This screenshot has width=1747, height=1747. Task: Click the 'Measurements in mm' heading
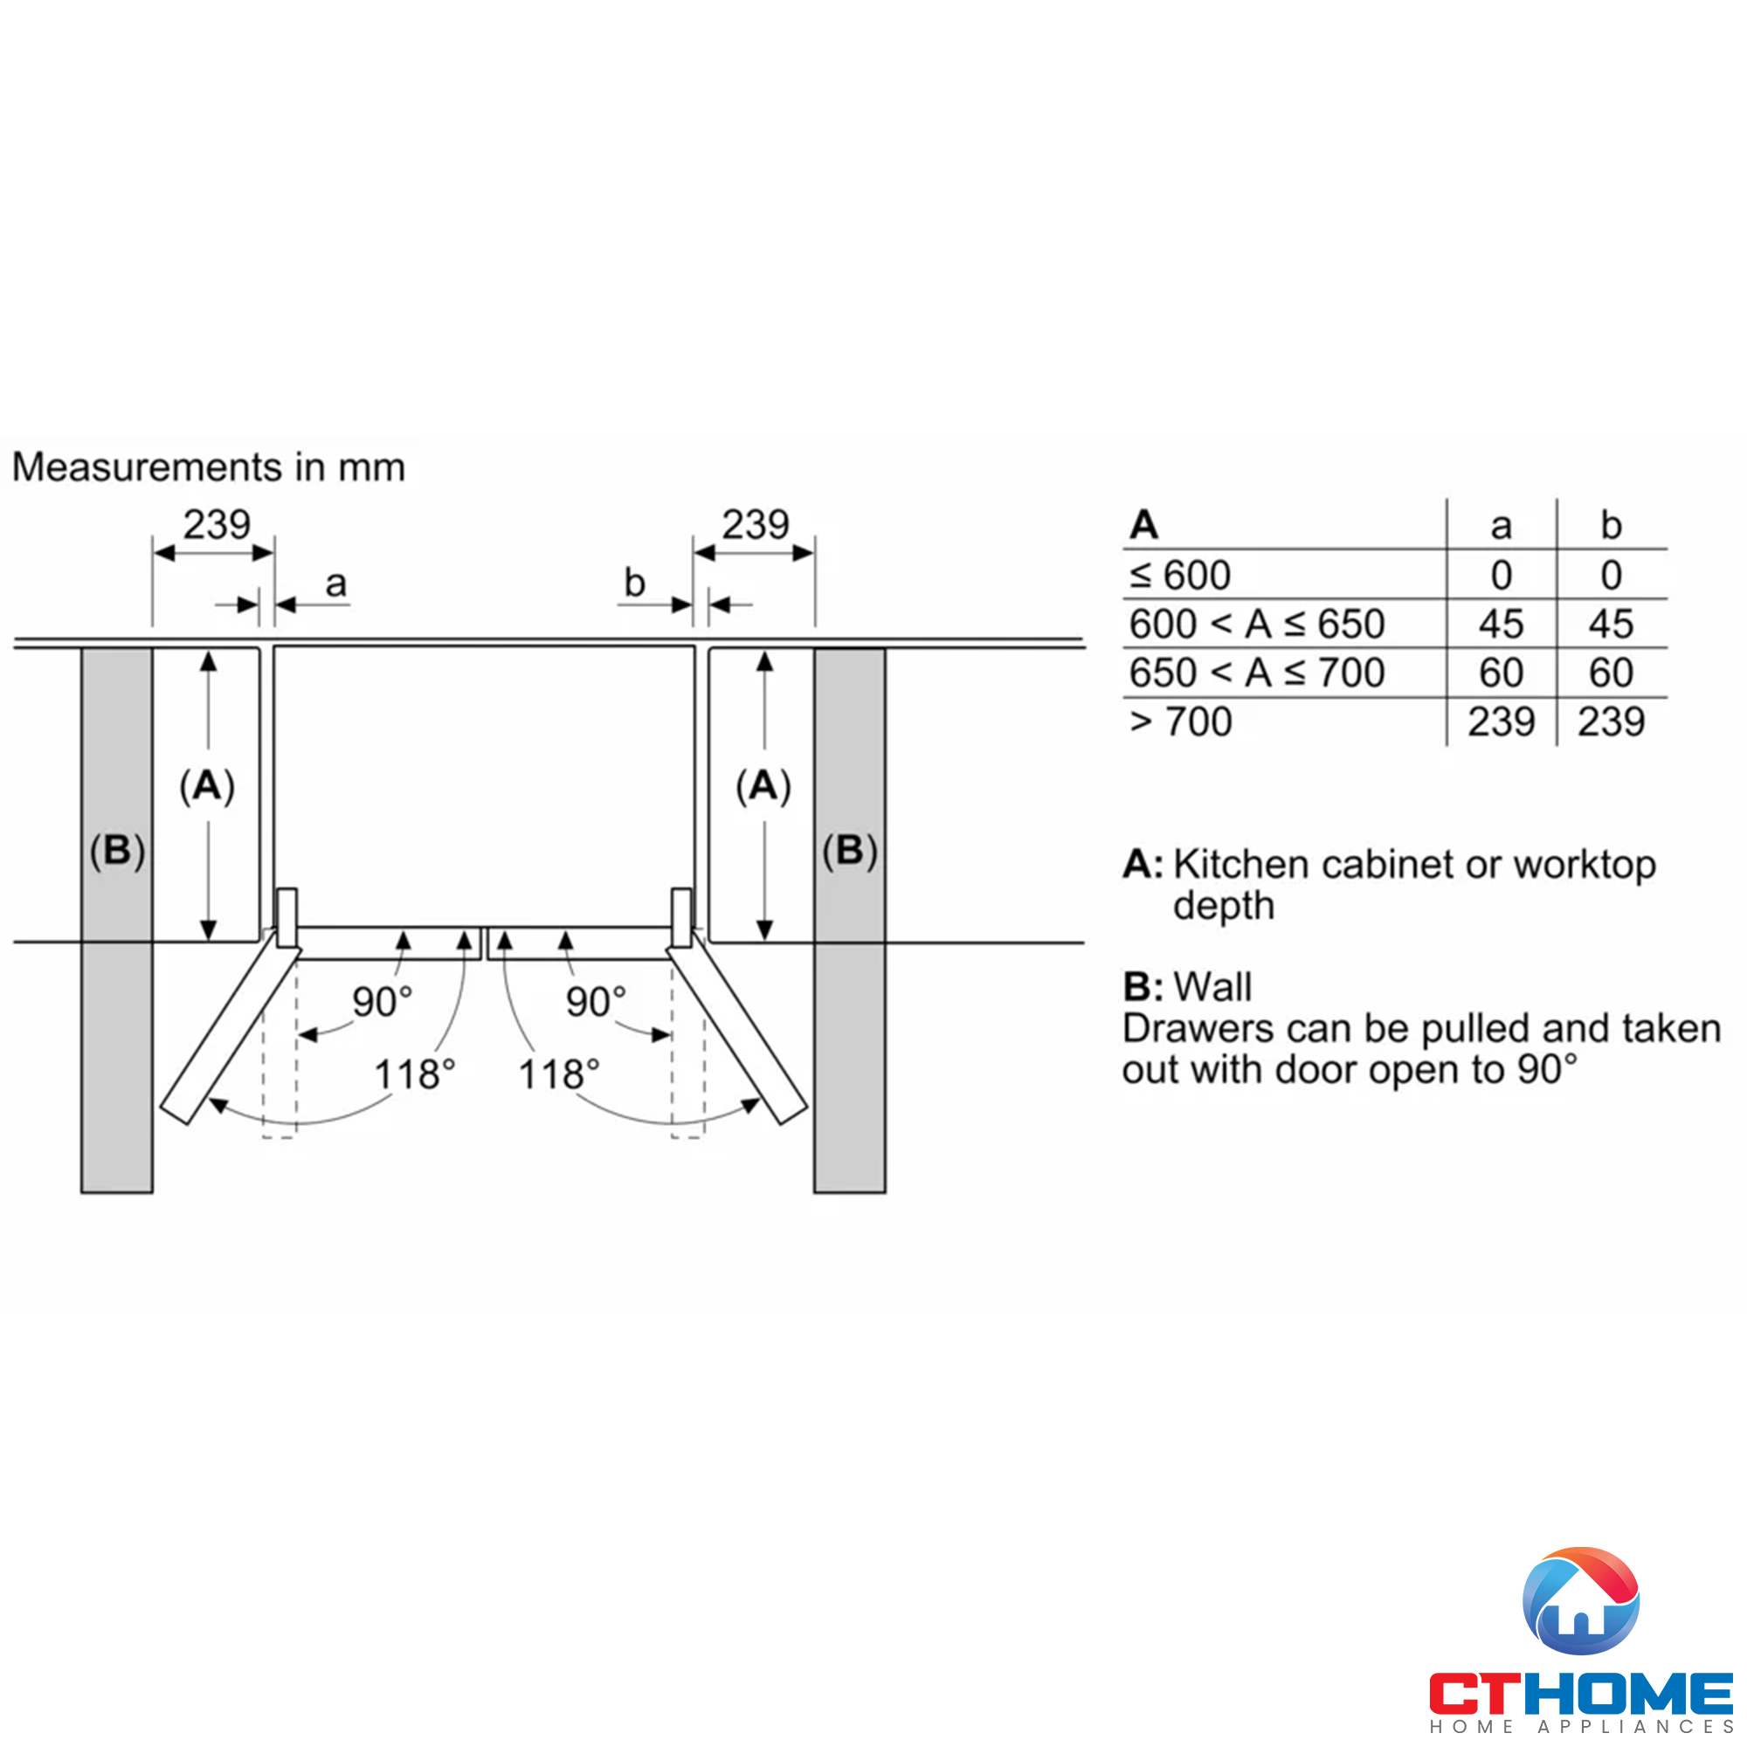[x=209, y=467]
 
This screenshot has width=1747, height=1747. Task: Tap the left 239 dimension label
[x=217, y=524]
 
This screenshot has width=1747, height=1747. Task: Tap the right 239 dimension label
[x=755, y=524]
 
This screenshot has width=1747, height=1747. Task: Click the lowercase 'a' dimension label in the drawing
[x=336, y=584]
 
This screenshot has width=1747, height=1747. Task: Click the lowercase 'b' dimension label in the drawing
[x=635, y=583]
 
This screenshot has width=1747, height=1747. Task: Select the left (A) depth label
[x=207, y=786]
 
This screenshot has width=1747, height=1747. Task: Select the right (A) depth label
[x=763, y=786]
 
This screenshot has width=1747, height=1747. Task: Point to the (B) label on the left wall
[x=118, y=851]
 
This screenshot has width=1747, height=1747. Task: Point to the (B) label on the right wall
[x=850, y=851]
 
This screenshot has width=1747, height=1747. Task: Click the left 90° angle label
[x=383, y=1002]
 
